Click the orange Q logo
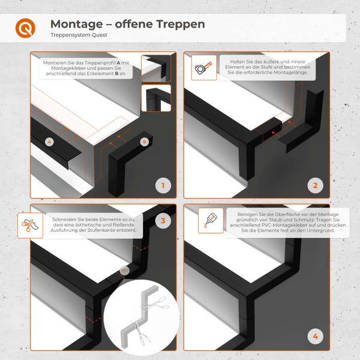tap(25, 28)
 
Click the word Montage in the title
tap(76, 25)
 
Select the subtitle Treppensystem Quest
tap(79, 35)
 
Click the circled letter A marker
tap(49, 142)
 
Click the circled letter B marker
tap(145, 142)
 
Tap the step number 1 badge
tap(163, 185)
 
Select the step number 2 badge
tap(315, 185)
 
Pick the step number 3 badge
tap(163, 221)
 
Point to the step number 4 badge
tap(315, 337)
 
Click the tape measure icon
tap(204, 68)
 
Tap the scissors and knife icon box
tap(30, 226)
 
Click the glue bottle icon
tap(211, 220)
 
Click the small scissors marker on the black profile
tap(124, 271)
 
